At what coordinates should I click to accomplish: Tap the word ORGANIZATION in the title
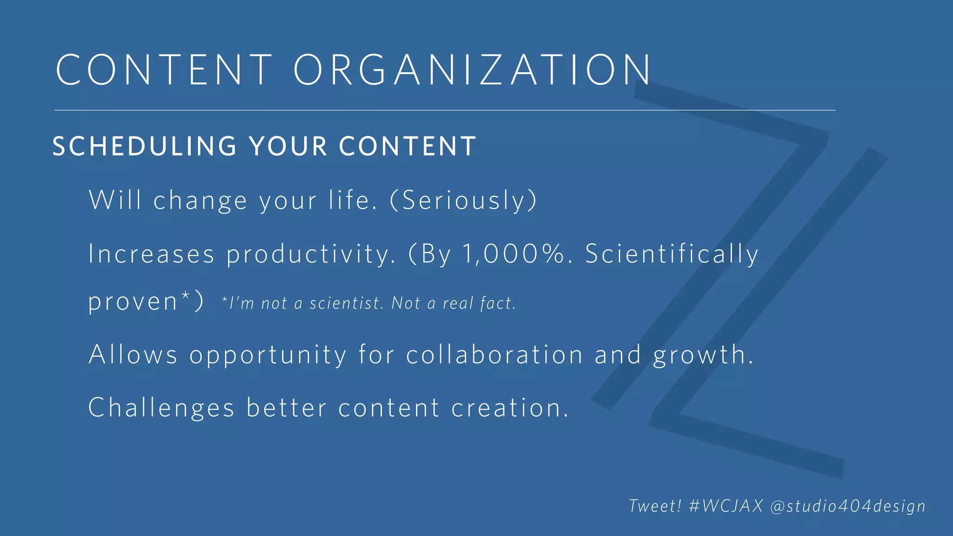pos(472,69)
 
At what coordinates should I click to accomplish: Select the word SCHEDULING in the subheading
pos(145,146)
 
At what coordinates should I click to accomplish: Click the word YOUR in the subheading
pos(288,146)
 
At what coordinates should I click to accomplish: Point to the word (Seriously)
pos(463,201)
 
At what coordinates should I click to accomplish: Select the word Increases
pos(151,254)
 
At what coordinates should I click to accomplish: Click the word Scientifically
pos(671,254)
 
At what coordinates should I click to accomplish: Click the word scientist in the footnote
pos(347,303)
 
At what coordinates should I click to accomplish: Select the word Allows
pos(133,355)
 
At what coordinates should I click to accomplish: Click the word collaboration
pos(494,355)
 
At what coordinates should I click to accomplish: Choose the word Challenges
pos(161,408)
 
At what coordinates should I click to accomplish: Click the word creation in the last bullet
pos(510,408)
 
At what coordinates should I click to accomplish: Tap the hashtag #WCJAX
pos(726,506)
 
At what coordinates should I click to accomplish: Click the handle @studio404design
pos(848,506)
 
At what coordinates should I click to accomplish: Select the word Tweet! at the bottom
pos(655,506)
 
